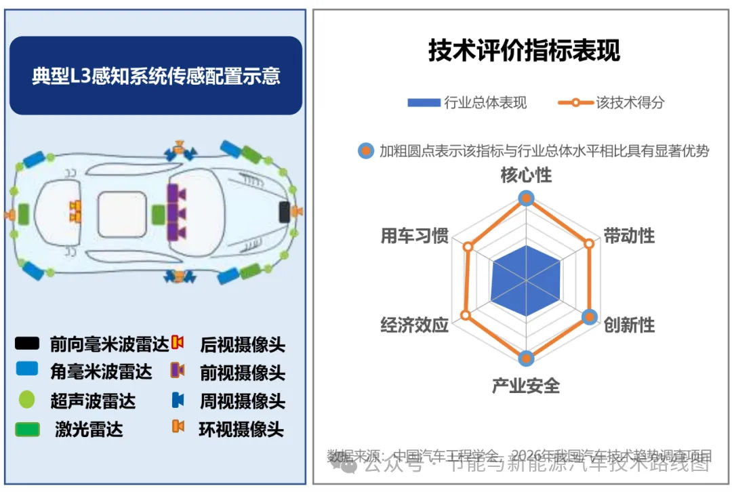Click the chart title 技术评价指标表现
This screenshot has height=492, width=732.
tap(524, 51)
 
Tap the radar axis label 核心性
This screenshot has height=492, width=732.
tap(526, 175)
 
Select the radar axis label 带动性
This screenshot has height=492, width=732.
tap(629, 236)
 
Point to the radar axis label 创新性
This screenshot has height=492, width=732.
tap(629, 325)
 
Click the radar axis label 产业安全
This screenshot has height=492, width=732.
tap(526, 386)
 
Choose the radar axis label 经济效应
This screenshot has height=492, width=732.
tap(415, 325)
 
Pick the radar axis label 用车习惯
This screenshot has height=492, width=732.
tap(415, 236)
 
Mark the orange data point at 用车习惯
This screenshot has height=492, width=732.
tap(467, 247)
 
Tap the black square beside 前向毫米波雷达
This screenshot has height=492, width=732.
tap(27, 344)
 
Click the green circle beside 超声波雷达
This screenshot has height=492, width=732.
tap(26, 400)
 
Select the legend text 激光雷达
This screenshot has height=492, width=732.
tap(89, 429)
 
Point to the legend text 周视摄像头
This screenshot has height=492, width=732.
tap(242, 401)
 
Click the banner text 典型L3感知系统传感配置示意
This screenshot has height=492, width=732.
tap(156, 75)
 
